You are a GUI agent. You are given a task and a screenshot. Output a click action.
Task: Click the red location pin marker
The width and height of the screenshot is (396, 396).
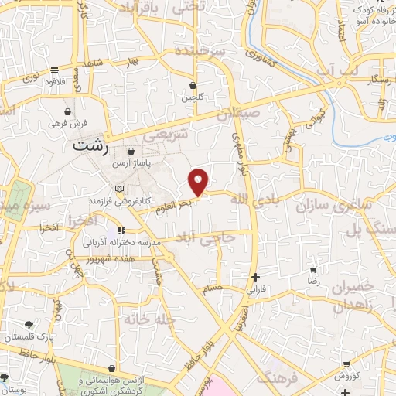199,182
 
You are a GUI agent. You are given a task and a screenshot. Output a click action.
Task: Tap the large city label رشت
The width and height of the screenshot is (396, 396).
91,145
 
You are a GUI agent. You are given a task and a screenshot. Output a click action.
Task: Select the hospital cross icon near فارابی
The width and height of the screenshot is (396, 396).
255,277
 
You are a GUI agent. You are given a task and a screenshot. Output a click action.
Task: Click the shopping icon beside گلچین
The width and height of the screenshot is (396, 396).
192,86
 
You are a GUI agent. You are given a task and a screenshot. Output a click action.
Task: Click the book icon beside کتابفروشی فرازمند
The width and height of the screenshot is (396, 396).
118,188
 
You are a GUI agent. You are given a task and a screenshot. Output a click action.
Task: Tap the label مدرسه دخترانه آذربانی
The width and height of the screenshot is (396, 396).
122,243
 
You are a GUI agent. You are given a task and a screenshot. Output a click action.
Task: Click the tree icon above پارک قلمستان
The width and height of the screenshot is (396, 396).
29,324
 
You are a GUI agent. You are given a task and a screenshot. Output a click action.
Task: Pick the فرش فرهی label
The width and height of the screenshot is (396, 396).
69,123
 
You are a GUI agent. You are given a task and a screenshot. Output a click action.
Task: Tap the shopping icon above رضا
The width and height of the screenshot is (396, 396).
313,271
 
